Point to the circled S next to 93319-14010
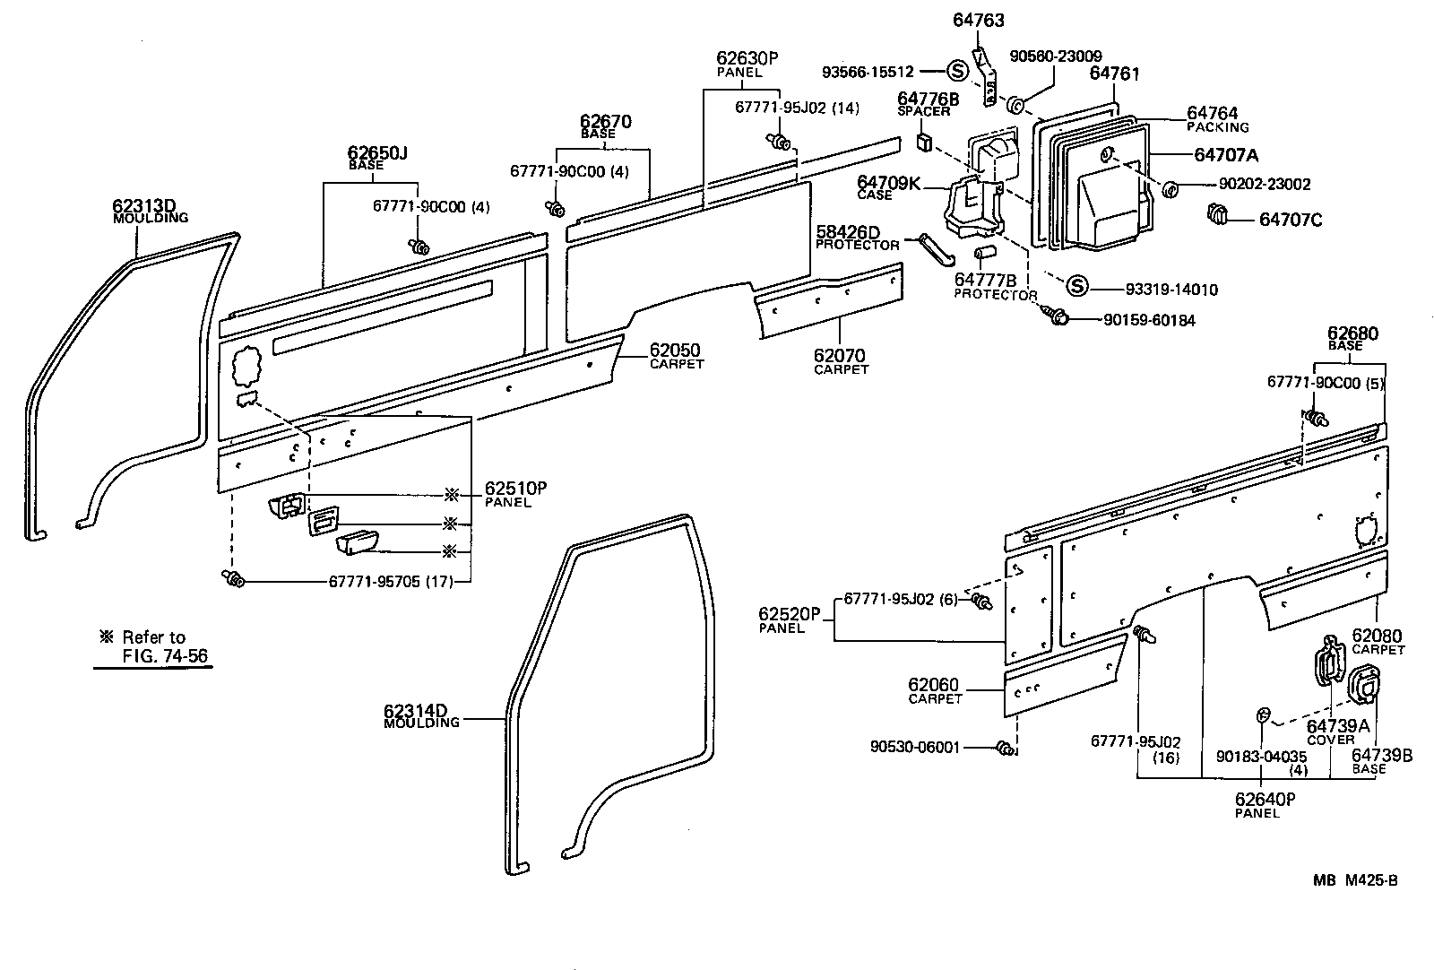tap(1076, 286)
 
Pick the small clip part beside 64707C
tap(1217, 215)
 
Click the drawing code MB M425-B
tap(1355, 879)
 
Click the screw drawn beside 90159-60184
tap(1056, 316)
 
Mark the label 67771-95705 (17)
tap(389, 581)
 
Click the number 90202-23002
tap(1252, 184)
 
